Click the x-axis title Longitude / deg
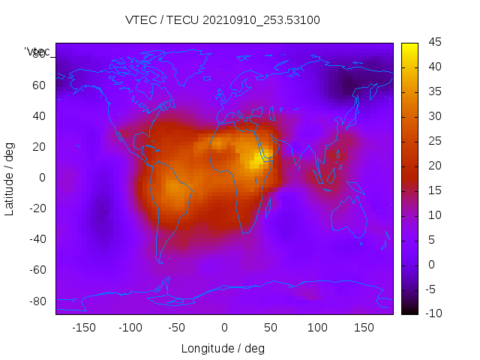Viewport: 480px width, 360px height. (x=223, y=348)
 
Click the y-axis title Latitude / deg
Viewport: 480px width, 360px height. (x=10, y=177)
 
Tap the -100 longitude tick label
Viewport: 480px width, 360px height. (x=130, y=328)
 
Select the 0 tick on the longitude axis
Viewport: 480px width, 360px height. (x=223, y=328)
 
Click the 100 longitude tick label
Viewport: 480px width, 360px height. (x=317, y=328)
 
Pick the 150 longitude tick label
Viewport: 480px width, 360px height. (x=364, y=328)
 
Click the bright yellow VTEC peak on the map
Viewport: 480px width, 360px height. (x=259, y=157)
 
